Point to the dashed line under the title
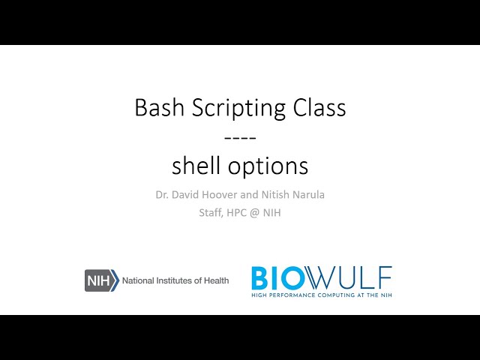point(240,137)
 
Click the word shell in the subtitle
point(194,165)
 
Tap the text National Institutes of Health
point(175,280)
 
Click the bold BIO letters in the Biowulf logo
point(279,277)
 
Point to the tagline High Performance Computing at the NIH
point(321,295)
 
